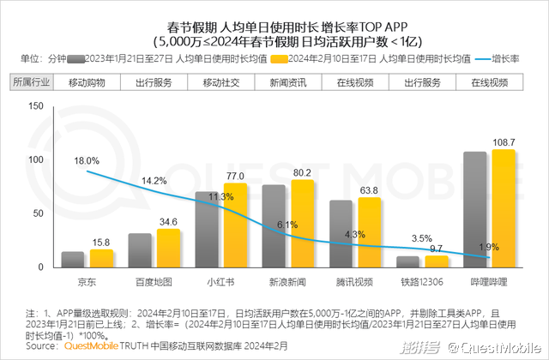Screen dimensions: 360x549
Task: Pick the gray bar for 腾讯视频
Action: tap(341, 234)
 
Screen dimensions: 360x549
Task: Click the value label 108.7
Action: tap(504, 141)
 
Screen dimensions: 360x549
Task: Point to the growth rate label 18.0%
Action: tap(87, 160)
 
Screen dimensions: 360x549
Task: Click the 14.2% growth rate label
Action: tap(154, 181)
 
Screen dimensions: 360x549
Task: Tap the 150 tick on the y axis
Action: tap(35, 106)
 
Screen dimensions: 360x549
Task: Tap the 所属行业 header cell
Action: tap(32, 82)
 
